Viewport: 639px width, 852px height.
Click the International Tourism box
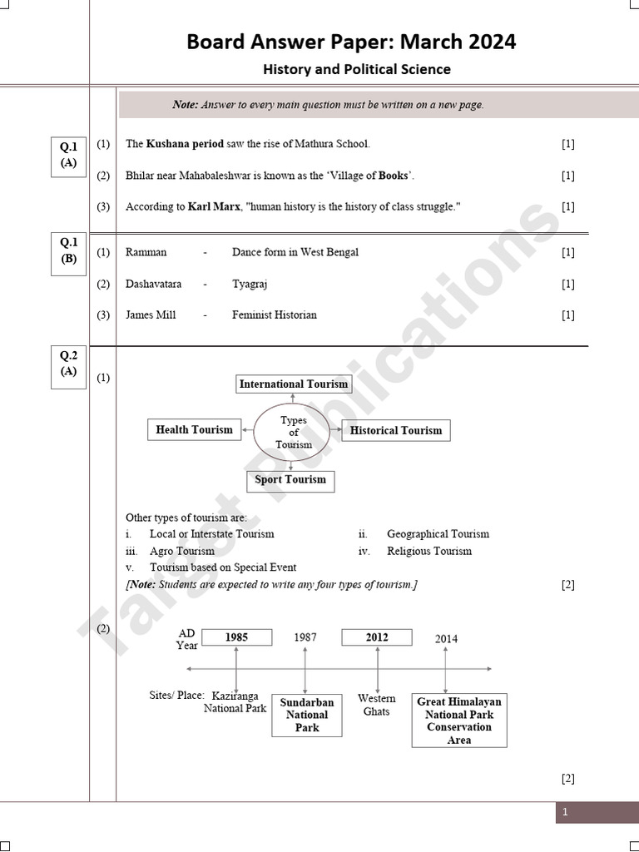294,384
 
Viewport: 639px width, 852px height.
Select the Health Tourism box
194,429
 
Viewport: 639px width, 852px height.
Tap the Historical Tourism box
396,430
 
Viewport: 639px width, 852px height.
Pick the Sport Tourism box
290,479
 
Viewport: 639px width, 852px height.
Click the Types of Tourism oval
294,432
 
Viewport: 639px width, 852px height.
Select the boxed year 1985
236,637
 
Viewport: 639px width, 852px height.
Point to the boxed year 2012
377,637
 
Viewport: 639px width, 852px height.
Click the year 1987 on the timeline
305,637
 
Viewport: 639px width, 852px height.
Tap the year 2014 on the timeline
446,639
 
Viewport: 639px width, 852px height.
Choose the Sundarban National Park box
306,715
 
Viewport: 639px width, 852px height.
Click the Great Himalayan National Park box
459,721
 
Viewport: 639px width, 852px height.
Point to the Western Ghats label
377,705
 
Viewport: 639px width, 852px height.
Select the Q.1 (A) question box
68,155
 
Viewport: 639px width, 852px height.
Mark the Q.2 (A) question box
68,364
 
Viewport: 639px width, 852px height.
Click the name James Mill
151,315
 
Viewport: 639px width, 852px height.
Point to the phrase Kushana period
185,143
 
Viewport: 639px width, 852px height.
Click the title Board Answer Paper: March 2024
351,41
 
